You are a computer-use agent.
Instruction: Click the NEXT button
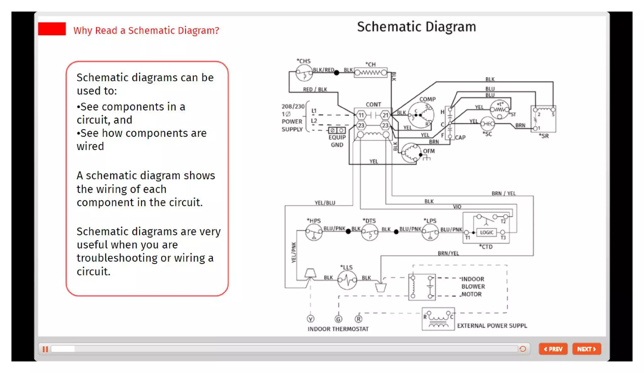[x=586, y=349]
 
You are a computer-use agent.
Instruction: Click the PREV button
[x=553, y=349]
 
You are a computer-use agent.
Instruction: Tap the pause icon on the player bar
[x=45, y=349]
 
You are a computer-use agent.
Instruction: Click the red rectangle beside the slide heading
[x=52, y=29]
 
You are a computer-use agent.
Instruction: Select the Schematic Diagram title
[x=416, y=27]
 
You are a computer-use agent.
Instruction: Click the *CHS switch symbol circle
[x=304, y=73]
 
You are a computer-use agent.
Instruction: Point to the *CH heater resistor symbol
[x=370, y=73]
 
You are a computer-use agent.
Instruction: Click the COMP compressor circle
[x=421, y=115]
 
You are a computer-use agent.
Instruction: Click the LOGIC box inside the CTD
[x=486, y=232]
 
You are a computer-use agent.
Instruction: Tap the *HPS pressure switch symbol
[x=314, y=232]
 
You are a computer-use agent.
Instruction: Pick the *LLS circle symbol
[x=347, y=280]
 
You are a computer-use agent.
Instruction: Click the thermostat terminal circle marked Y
[x=310, y=319]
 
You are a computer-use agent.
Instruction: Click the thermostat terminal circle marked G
[x=338, y=319]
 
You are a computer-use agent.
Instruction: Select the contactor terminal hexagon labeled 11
[x=361, y=115]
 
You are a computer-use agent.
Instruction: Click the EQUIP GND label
[x=337, y=141]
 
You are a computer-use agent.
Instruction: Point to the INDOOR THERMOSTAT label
[x=338, y=329]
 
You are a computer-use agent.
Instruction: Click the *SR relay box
[x=543, y=119]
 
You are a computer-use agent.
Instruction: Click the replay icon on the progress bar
[x=523, y=349]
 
